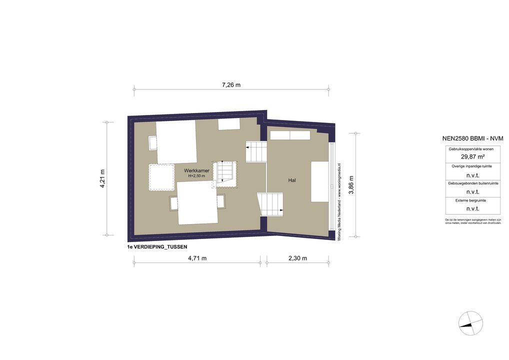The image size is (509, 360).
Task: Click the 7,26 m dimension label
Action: pyautogui.click(x=231, y=85)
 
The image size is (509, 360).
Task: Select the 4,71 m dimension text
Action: pyautogui.click(x=197, y=258)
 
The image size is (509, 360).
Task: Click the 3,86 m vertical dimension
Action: pyautogui.click(x=351, y=185)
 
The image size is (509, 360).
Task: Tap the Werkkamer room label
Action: pyautogui.click(x=196, y=170)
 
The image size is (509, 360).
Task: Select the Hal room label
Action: pyautogui.click(x=292, y=180)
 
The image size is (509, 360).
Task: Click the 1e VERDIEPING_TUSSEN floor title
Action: pyautogui.click(x=157, y=247)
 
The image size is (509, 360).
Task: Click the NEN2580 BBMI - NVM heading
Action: pyautogui.click(x=472, y=138)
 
